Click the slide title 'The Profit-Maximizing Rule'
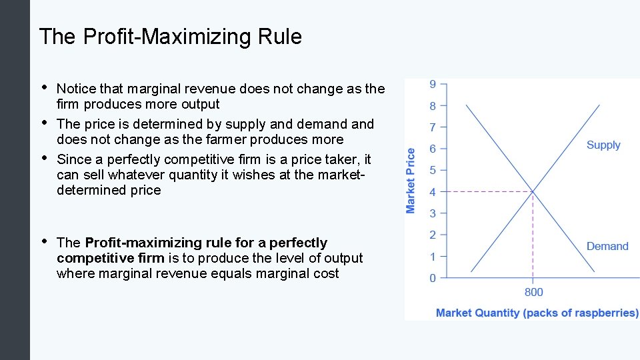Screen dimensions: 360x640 pyautogui.click(x=170, y=37)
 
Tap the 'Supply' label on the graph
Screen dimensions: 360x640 pyautogui.click(x=603, y=145)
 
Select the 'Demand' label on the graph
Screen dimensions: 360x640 pyautogui.click(x=607, y=247)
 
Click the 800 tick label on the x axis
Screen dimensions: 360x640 pyautogui.click(x=533, y=292)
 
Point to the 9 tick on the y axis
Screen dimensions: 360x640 pyautogui.click(x=433, y=84)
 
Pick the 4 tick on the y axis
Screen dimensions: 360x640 pyautogui.click(x=433, y=192)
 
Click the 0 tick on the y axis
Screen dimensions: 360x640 pyautogui.click(x=433, y=278)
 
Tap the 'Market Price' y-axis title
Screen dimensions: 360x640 pyautogui.click(x=411, y=181)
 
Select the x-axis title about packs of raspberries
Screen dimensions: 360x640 pyautogui.click(x=537, y=313)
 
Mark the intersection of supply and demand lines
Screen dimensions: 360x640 pyautogui.click(x=533, y=192)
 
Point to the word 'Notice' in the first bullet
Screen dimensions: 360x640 pyautogui.click(x=76, y=89)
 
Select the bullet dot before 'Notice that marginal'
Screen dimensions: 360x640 pyautogui.click(x=44, y=87)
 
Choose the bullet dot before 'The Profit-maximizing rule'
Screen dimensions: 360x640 pyautogui.click(x=44, y=241)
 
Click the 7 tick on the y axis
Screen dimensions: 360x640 pyautogui.click(x=433, y=127)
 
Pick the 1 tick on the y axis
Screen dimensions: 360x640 pyautogui.click(x=433, y=257)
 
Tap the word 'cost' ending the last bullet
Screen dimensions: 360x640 pyautogui.click(x=326, y=273)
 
